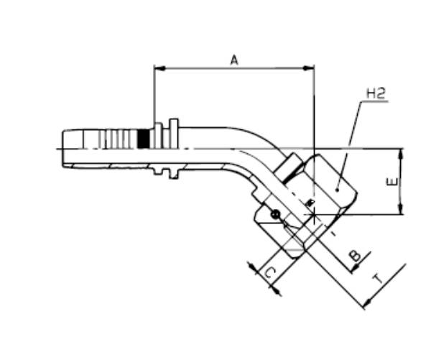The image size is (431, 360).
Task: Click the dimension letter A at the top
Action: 234,60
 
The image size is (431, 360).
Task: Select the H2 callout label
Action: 376,93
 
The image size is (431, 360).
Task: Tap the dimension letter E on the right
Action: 391,183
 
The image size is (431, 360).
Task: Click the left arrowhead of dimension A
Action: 159,69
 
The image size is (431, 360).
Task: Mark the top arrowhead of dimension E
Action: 401,153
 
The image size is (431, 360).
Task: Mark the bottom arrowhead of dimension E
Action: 401,211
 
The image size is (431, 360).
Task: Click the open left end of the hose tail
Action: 63,147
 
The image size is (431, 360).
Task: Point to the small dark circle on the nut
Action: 275,213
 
